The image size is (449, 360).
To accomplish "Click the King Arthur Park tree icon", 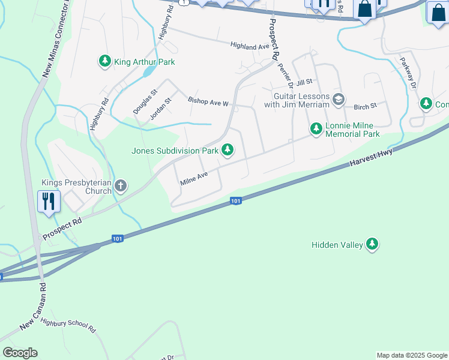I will [x=105, y=61].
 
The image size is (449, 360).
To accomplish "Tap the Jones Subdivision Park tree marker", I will [x=228, y=150].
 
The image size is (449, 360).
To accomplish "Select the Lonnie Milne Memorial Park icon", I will [x=316, y=128].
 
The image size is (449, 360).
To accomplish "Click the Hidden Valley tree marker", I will [x=373, y=244].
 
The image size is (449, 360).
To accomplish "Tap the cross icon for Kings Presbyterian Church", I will [x=121, y=186].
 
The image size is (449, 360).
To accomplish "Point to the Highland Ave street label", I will [x=251, y=46].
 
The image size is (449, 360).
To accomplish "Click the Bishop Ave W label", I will [x=208, y=102].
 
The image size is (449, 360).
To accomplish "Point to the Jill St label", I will [x=305, y=81].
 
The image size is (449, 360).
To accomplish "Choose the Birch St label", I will [x=365, y=106].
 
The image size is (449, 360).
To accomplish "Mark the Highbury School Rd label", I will [x=68, y=326].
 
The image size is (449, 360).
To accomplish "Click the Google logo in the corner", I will [x=20, y=353].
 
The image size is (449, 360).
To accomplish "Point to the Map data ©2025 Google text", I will [x=411, y=355].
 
